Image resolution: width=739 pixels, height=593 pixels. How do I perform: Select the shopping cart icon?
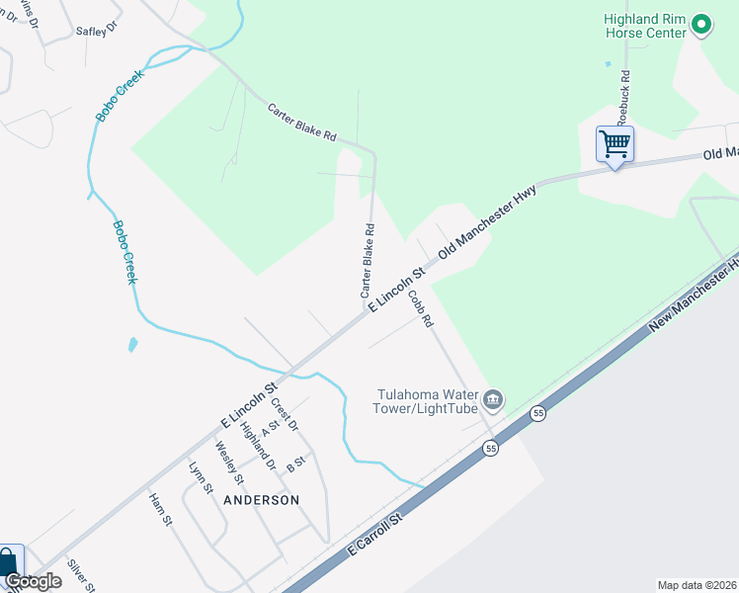pyautogui.click(x=615, y=144)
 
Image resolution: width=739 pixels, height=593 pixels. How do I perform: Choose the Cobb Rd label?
pyautogui.click(x=421, y=307)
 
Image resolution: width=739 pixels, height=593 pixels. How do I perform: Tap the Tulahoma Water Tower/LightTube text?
pyautogui.click(x=426, y=400)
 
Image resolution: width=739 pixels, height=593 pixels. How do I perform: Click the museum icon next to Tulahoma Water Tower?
pyautogui.click(x=493, y=400)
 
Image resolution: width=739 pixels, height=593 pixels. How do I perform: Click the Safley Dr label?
pyautogui.click(x=96, y=29)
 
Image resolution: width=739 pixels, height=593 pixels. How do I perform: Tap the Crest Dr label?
pyautogui.click(x=285, y=412)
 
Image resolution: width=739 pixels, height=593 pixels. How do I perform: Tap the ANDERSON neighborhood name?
pyautogui.click(x=261, y=500)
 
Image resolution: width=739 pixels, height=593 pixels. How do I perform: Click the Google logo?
pyautogui.click(x=33, y=581)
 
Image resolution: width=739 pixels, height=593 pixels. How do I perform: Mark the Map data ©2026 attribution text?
pyautogui.click(x=697, y=585)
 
